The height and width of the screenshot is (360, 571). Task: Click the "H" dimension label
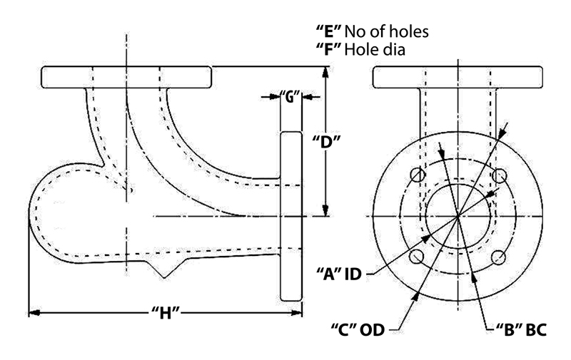[x=165, y=312]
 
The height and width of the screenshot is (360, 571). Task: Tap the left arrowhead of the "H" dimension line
[x=31, y=312]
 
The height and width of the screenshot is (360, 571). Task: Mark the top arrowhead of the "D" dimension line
[x=325, y=71]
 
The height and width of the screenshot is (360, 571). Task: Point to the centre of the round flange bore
[x=458, y=216]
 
